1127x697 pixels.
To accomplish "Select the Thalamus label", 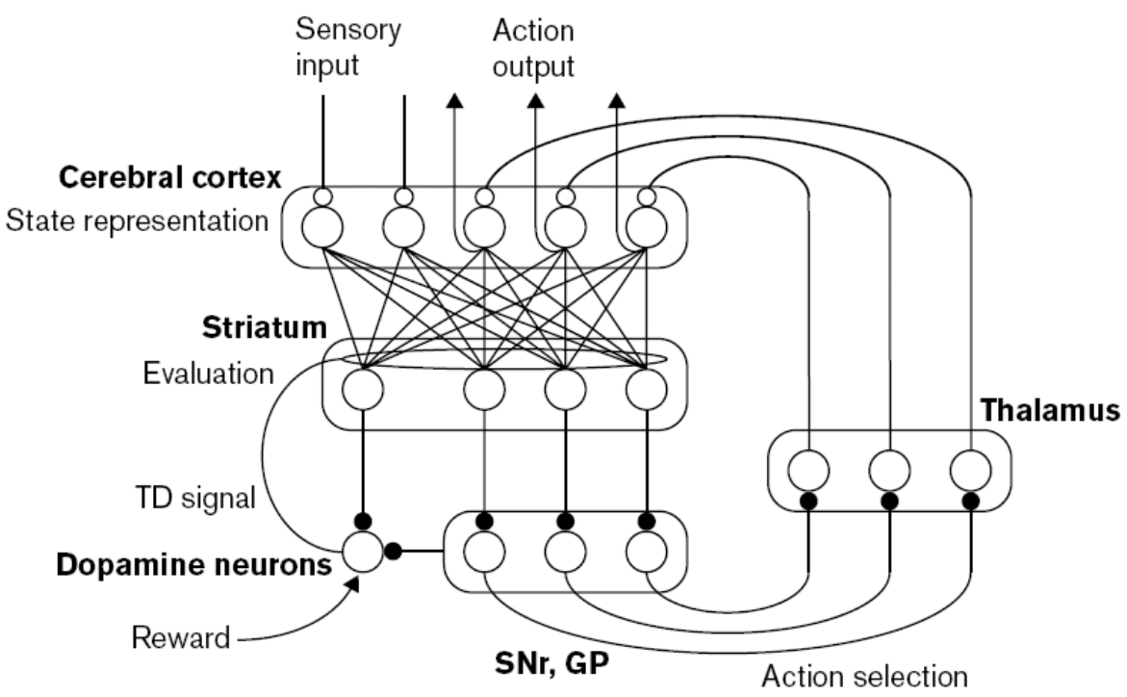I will (x=1050, y=412).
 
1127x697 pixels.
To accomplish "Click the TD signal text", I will (x=192, y=499).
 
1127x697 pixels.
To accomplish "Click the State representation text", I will (x=137, y=221).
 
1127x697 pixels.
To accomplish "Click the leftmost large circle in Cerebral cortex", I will (x=322, y=227).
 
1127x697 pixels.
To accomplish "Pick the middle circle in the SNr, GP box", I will (x=565, y=553).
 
